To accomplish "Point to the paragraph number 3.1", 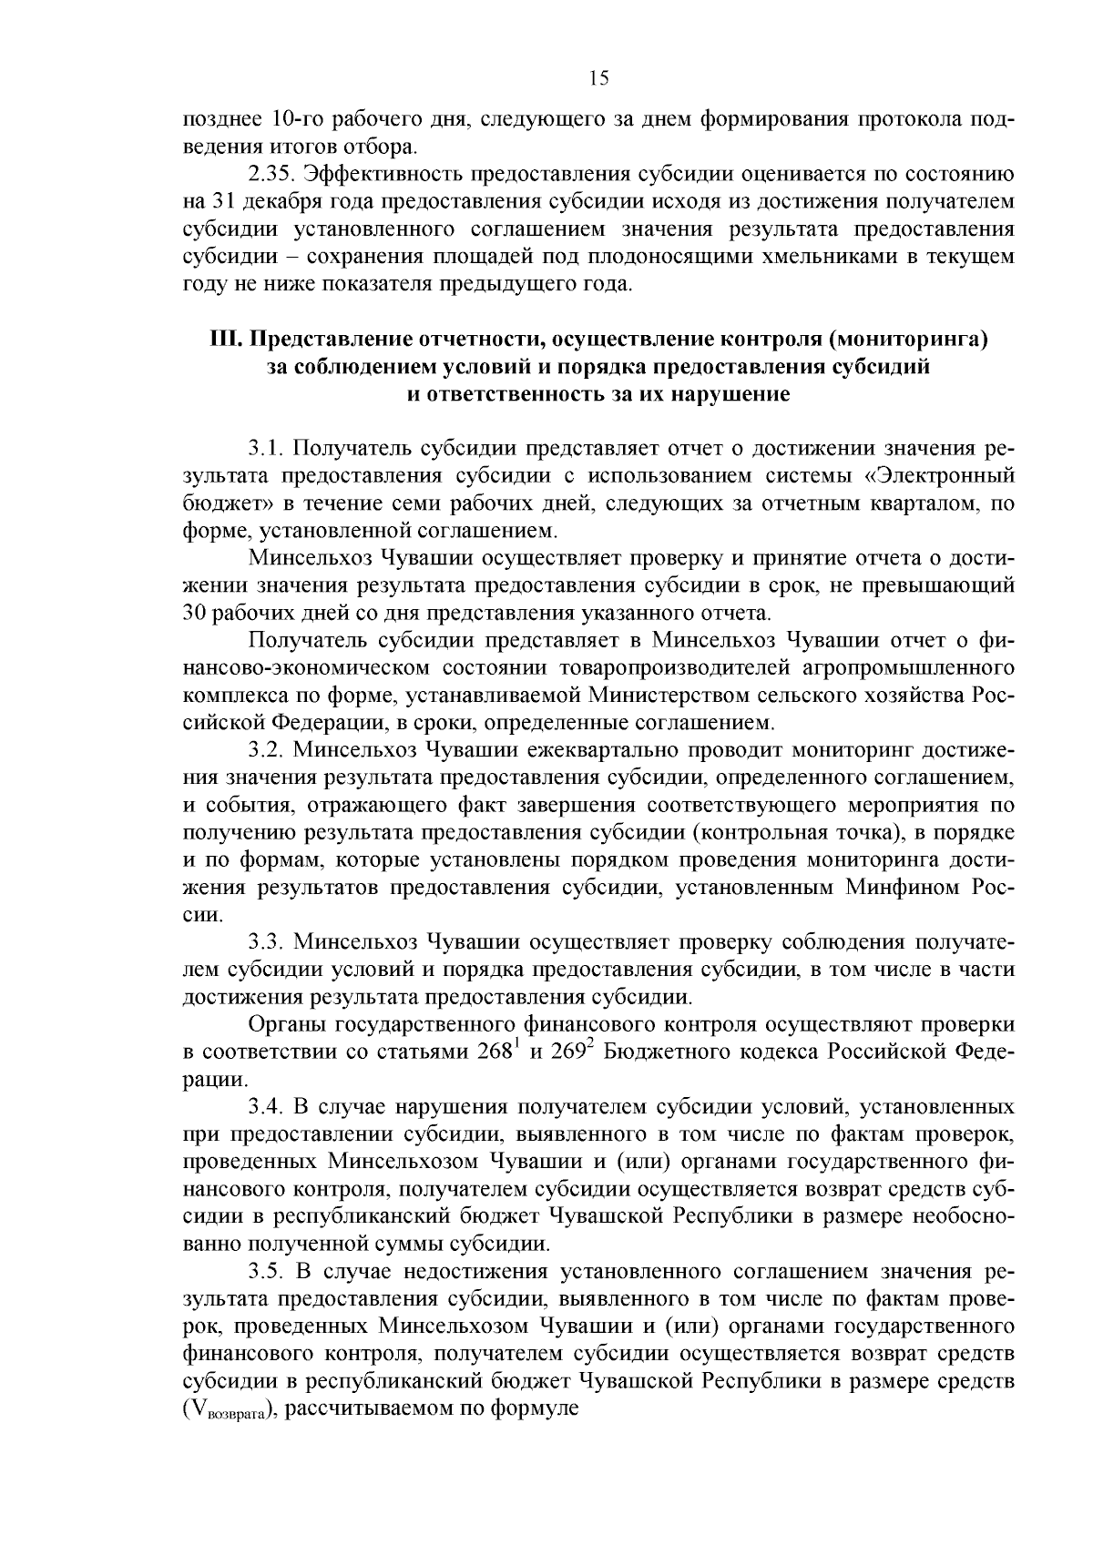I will click(267, 449).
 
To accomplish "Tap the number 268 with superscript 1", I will click(498, 1052).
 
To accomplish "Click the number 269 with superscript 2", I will click(573, 1052).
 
